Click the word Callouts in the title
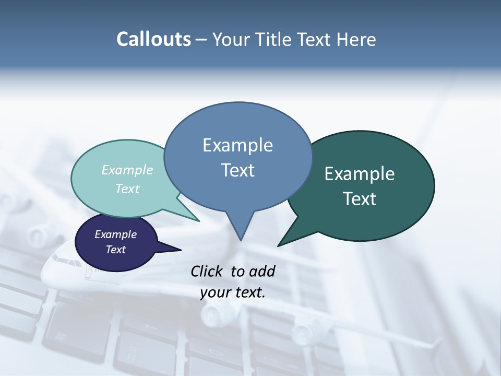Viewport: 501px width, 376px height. (x=153, y=39)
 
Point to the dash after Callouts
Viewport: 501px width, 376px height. (x=201, y=40)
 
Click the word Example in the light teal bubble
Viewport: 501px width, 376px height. (x=127, y=170)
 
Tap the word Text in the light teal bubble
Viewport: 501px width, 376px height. (x=127, y=189)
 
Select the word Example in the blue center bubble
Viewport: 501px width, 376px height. (x=237, y=145)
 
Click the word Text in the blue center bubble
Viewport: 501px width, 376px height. (x=237, y=170)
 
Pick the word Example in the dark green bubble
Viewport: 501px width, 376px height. (x=360, y=174)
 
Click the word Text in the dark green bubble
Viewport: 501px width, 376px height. (x=360, y=199)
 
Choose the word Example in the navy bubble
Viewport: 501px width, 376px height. (x=115, y=234)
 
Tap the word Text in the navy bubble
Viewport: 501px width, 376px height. (x=115, y=250)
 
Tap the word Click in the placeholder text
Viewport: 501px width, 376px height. (x=207, y=271)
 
